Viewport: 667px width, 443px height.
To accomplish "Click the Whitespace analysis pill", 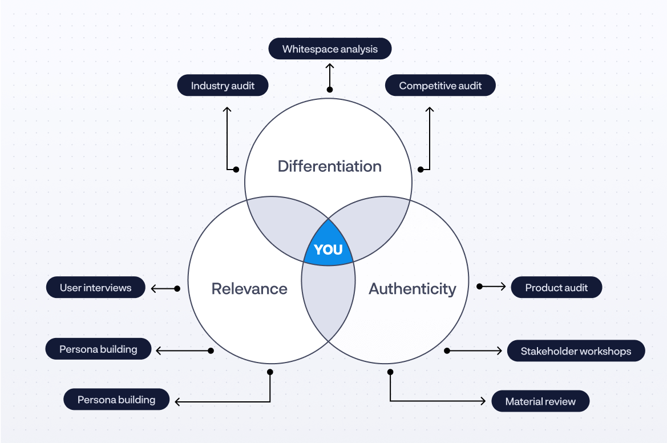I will [330, 49].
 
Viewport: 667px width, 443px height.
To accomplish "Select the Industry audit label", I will [223, 86].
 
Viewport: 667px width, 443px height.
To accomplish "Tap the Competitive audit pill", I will [440, 86].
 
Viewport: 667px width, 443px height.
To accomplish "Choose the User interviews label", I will [95, 288].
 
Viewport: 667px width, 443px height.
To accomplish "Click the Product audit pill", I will [556, 288].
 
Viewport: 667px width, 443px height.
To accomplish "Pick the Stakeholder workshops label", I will [576, 351].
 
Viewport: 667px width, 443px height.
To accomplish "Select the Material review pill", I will [540, 401].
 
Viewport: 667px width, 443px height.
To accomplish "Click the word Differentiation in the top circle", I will [329, 167].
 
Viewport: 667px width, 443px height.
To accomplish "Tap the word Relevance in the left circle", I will [249, 289].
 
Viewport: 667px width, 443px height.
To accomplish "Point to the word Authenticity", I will [412, 289].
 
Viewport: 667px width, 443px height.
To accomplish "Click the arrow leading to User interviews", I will [163, 289].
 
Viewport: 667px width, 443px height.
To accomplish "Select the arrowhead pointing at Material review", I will [482, 401].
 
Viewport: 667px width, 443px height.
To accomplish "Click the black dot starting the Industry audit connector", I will [236, 169].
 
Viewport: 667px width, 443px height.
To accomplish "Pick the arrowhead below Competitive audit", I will [430, 109].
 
